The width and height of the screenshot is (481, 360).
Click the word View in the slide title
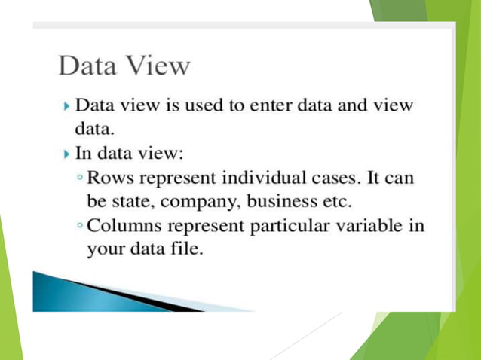point(158,66)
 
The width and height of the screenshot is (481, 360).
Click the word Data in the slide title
point(85,66)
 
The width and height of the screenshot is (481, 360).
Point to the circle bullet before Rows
point(81,179)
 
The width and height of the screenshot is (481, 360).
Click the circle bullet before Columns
point(81,227)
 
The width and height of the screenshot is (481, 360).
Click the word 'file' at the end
point(187,249)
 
